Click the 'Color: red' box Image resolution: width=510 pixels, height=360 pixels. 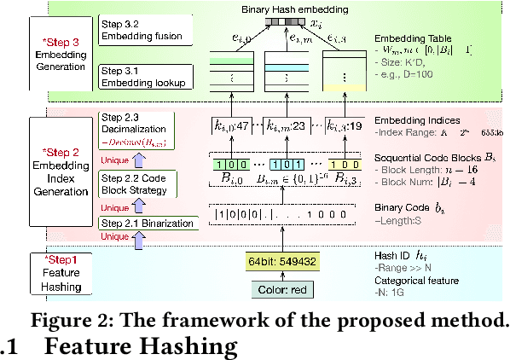coord(280,290)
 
